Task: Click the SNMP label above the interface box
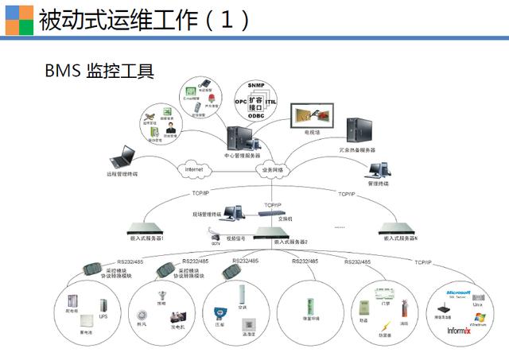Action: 255,85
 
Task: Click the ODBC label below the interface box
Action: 255,116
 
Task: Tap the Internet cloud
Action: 194,169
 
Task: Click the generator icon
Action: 177,315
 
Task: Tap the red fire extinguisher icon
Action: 403,307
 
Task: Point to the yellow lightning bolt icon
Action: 385,326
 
